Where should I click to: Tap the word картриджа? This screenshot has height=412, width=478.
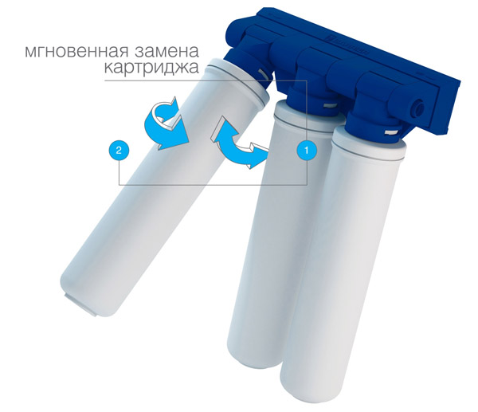[x=151, y=68]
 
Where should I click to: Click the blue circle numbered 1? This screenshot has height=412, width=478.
[x=307, y=150]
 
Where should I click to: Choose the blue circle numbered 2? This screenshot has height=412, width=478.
[x=119, y=150]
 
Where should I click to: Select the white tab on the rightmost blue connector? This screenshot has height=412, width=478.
[x=391, y=132]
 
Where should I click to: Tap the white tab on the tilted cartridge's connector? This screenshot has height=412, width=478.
[x=263, y=74]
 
